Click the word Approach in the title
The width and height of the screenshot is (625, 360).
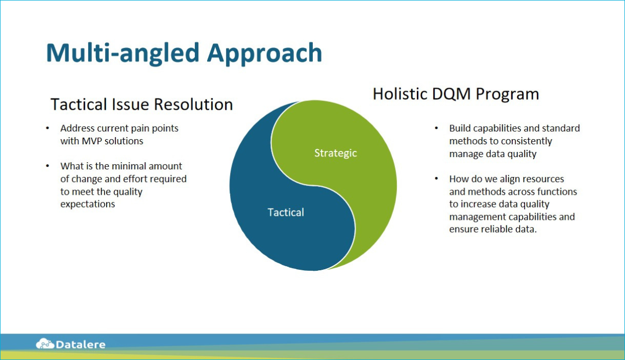coord(264,54)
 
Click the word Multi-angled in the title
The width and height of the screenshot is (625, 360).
coord(123,54)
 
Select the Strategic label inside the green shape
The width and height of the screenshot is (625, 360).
coord(336,153)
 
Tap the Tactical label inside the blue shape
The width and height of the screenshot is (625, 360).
coord(286,213)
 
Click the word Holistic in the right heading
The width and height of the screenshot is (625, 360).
coord(400,94)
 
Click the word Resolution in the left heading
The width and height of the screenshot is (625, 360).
coord(193,105)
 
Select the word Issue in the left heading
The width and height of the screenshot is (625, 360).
coord(130,105)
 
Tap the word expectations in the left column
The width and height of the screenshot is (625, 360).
coord(88,204)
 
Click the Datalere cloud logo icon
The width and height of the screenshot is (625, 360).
coord(45,344)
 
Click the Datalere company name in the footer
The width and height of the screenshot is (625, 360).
coord(81,345)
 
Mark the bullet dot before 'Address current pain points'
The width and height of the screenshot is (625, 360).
coord(47,128)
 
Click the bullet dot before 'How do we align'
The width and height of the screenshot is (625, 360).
coord(436,178)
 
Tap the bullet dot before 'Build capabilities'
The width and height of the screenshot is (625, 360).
coord(436,128)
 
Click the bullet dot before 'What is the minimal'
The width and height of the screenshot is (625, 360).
coord(47,166)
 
